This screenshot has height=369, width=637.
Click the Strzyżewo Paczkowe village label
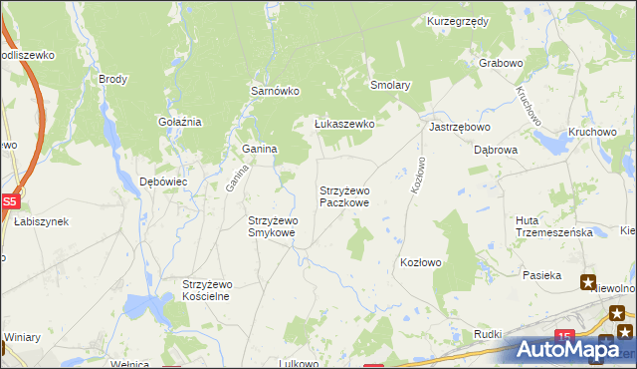344,195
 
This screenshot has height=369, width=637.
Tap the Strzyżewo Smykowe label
272,226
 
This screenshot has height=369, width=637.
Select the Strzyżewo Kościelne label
207,290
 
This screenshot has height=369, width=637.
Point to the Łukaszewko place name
343,124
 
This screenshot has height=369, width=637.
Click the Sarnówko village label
275,91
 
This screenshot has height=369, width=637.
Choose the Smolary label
390,86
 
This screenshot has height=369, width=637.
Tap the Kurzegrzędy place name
457,21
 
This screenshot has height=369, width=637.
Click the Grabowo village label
501,63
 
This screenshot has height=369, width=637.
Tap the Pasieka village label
541,274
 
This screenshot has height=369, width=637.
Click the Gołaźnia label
180,122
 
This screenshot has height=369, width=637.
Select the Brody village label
112,78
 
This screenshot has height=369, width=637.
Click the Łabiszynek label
41,221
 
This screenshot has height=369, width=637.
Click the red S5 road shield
9,200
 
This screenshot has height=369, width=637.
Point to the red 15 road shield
565,337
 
